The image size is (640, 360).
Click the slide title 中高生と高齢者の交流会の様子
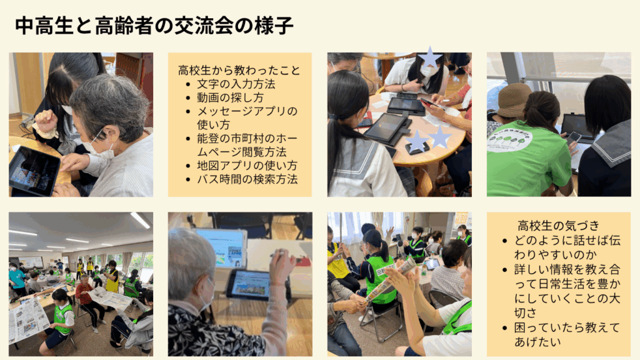tap(154, 26)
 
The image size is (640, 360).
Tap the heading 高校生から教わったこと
tap(239, 71)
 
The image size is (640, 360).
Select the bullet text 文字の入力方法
tap(236, 84)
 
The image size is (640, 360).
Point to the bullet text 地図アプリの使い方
tap(247, 165)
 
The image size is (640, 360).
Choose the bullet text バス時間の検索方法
tap(247, 179)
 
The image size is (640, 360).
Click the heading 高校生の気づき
tap(558, 225)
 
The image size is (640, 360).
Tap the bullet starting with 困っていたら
tap(567, 334)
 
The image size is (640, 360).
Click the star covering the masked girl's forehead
tap(430, 57)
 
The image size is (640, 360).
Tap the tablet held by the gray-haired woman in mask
tap(34, 171)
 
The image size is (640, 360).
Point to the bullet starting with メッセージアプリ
tap(247, 117)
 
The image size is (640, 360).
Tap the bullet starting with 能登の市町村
tap(247, 145)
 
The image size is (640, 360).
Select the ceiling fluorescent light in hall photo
tap(140, 221)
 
